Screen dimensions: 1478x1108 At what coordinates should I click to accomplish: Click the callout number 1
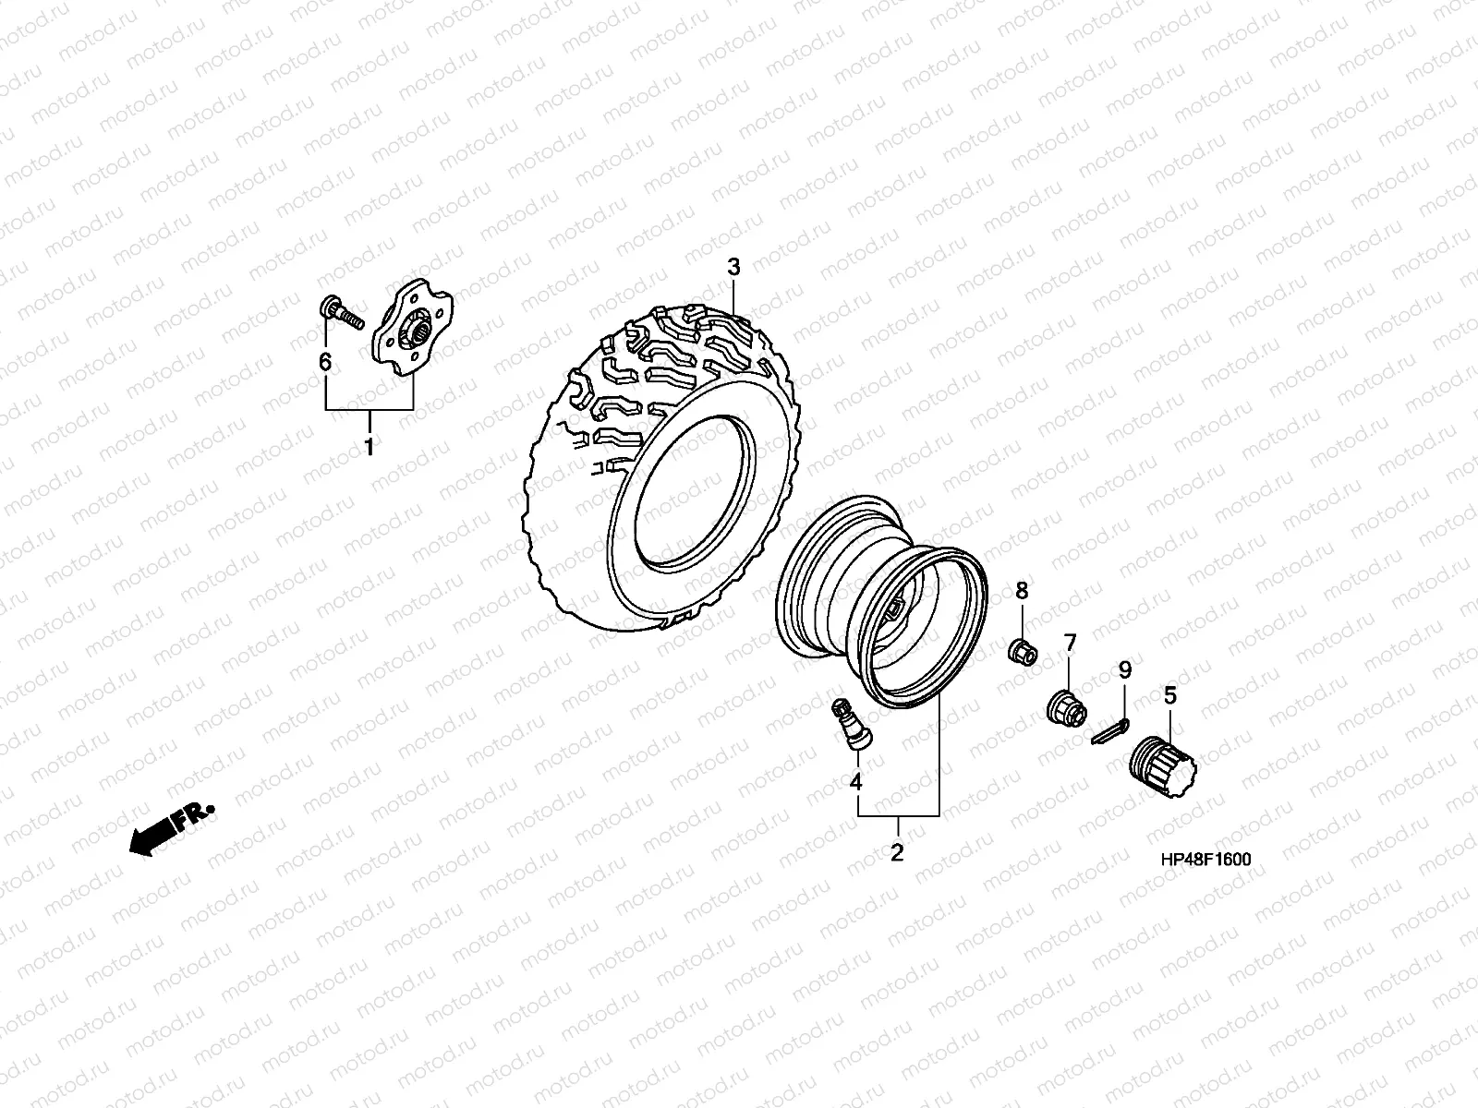point(369,449)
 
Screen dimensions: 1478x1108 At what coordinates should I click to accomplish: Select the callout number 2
point(896,852)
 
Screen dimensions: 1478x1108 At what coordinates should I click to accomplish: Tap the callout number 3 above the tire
point(733,268)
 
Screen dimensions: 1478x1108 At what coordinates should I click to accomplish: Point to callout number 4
point(855,782)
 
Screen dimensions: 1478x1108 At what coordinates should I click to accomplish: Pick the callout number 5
point(1169,696)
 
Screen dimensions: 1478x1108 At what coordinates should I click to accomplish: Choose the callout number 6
point(325,363)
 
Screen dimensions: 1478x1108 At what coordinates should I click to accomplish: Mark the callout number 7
point(1070,643)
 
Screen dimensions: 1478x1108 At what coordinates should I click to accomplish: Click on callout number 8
point(1022,590)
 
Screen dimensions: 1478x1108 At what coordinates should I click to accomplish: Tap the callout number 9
point(1124,670)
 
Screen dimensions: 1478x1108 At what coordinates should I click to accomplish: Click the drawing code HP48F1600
point(1205,860)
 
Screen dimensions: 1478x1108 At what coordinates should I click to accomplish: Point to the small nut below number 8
point(1023,651)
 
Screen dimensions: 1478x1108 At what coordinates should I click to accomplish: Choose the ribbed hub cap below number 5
point(1162,763)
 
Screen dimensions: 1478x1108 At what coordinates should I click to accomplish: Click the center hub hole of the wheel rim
point(893,610)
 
